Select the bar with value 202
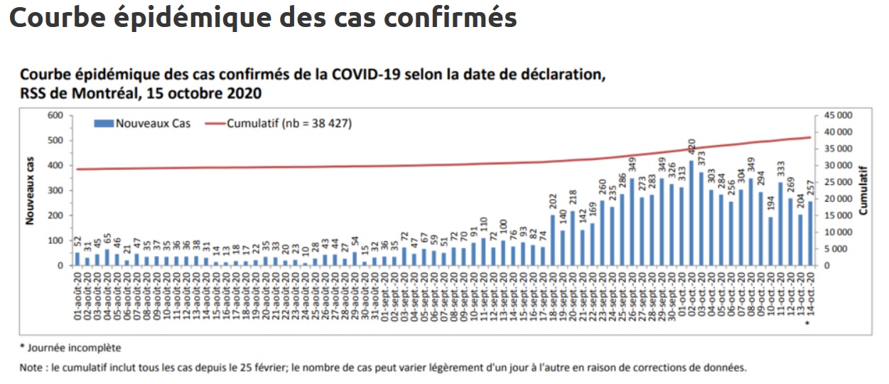coord(553,240)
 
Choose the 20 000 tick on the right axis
coord(838,199)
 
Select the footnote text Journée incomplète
coord(74,348)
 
